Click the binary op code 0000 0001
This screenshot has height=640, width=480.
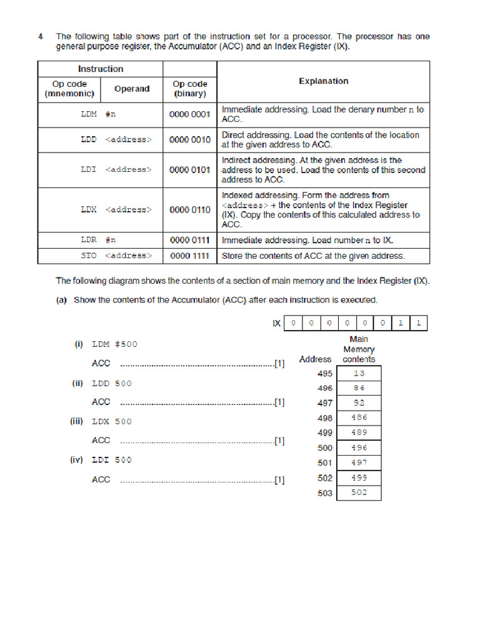coord(190,114)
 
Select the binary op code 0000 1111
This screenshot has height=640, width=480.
coord(190,256)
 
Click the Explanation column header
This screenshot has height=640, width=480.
coord(323,81)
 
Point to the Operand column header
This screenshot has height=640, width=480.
coord(132,89)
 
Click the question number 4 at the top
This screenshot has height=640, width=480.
coord(41,37)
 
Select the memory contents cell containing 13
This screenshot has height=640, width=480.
coord(359,373)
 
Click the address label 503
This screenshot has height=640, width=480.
coord(325,493)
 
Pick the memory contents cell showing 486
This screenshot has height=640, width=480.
coord(359,417)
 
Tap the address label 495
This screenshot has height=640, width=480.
coord(325,374)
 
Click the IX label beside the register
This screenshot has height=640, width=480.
coord(276,323)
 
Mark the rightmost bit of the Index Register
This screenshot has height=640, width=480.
coord(419,323)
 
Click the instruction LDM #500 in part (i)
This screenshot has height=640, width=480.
coord(114,344)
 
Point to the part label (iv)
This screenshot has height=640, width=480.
coord(76,460)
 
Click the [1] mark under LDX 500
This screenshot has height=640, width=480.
coord(279,441)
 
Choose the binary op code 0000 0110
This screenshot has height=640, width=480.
coord(190,209)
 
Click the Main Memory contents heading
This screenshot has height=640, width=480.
coord(359,349)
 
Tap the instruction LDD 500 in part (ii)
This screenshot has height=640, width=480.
coord(112,383)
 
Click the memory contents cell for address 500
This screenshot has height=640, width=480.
coord(359,448)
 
